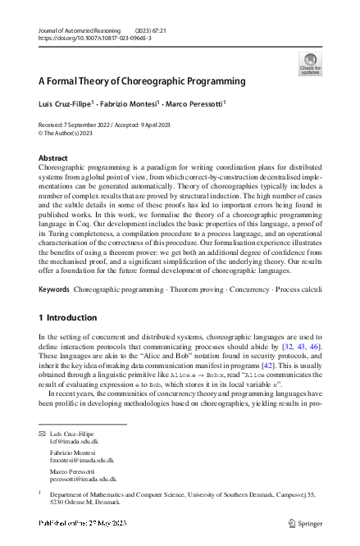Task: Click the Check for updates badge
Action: coord(310,63)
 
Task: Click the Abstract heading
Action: coord(54,157)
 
